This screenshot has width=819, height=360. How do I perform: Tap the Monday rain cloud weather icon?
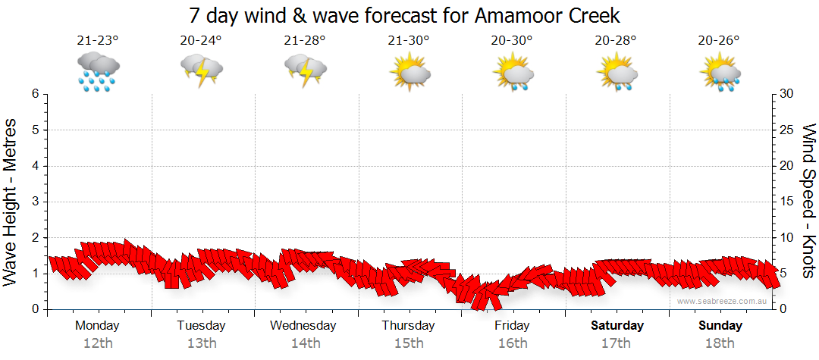(x=98, y=72)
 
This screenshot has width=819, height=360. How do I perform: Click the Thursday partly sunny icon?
(x=409, y=72)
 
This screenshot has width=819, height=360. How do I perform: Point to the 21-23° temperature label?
(x=98, y=41)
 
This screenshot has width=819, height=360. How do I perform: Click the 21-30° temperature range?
(x=409, y=41)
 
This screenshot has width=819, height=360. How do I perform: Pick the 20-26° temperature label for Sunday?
(x=720, y=41)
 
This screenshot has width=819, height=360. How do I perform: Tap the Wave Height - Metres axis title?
(x=12, y=202)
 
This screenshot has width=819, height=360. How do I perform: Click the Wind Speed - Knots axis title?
(x=807, y=202)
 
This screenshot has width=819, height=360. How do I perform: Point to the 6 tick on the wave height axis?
(x=34, y=94)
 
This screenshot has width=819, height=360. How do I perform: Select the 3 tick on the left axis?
(x=34, y=202)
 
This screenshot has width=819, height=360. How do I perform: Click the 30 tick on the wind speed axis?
(x=786, y=94)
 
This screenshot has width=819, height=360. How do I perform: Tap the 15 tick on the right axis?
(x=786, y=202)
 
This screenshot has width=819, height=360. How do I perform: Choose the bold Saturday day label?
(x=617, y=326)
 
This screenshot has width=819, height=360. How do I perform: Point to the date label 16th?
(x=513, y=343)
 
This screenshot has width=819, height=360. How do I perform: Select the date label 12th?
(x=98, y=343)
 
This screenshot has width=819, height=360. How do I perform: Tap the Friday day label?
(x=513, y=326)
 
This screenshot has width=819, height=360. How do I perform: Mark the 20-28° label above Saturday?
(x=616, y=41)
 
